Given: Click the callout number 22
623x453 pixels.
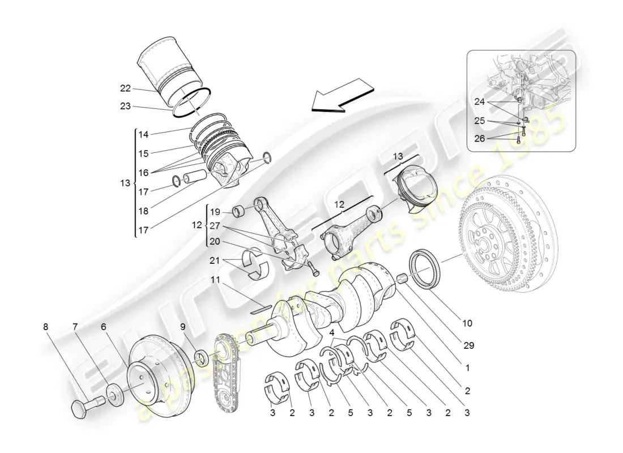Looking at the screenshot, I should (x=125, y=88).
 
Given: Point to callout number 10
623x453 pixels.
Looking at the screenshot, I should (x=467, y=323).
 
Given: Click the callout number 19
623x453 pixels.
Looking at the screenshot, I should (x=215, y=212).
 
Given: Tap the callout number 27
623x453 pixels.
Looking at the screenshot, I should (x=215, y=225).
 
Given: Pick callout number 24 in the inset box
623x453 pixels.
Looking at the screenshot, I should (x=480, y=102).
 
